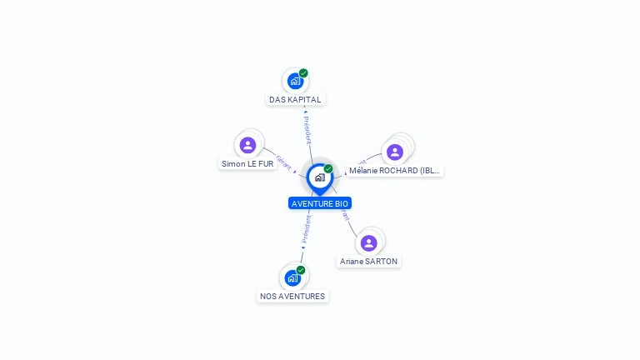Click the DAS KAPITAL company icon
pos(294,81)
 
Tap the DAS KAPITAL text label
pos(295,99)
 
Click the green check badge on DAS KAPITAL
pos(303,73)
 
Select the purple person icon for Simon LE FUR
pos(247,145)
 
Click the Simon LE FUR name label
pos(247,163)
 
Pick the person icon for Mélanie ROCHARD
pos(395,152)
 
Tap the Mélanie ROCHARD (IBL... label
pos(394,170)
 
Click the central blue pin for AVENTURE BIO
pos(319,177)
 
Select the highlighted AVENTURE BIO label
pos(320,203)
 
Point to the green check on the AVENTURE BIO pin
pos(328,169)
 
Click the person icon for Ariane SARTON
pos(368,242)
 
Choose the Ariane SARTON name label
pos(368,261)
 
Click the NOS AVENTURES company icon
pos(292,277)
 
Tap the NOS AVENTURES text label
pos(292,296)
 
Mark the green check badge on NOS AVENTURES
pos(301,270)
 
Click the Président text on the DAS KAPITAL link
pos(307,129)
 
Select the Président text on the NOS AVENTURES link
pos(306,228)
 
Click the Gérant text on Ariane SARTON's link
pos(344,215)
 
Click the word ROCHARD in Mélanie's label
pos(399,170)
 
